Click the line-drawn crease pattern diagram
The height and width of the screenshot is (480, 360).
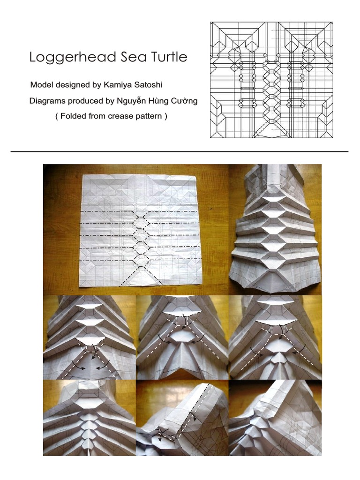pos(271,80)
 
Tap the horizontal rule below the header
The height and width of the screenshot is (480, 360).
pos(180,151)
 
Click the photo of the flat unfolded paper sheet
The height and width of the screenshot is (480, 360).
pos(136,230)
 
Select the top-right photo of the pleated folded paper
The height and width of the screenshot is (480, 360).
pos(275,230)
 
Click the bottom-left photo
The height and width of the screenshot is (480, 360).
pos(90,418)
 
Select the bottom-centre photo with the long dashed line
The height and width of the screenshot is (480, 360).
pos(182,418)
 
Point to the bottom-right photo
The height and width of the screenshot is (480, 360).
pos(275,418)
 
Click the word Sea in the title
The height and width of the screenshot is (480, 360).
pos(133,57)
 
